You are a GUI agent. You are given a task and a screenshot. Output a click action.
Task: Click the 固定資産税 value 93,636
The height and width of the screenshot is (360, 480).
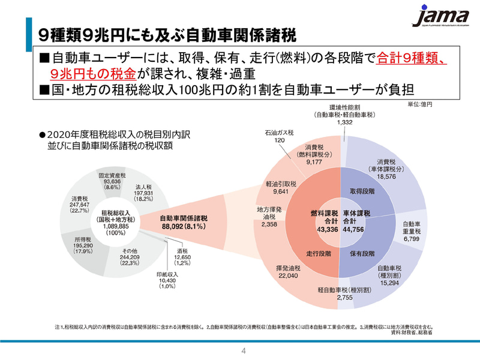(x=112, y=181)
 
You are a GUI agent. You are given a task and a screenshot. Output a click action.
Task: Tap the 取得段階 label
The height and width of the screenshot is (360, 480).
(x=362, y=191)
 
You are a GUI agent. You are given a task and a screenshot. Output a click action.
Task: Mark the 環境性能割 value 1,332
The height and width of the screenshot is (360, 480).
(x=344, y=122)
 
